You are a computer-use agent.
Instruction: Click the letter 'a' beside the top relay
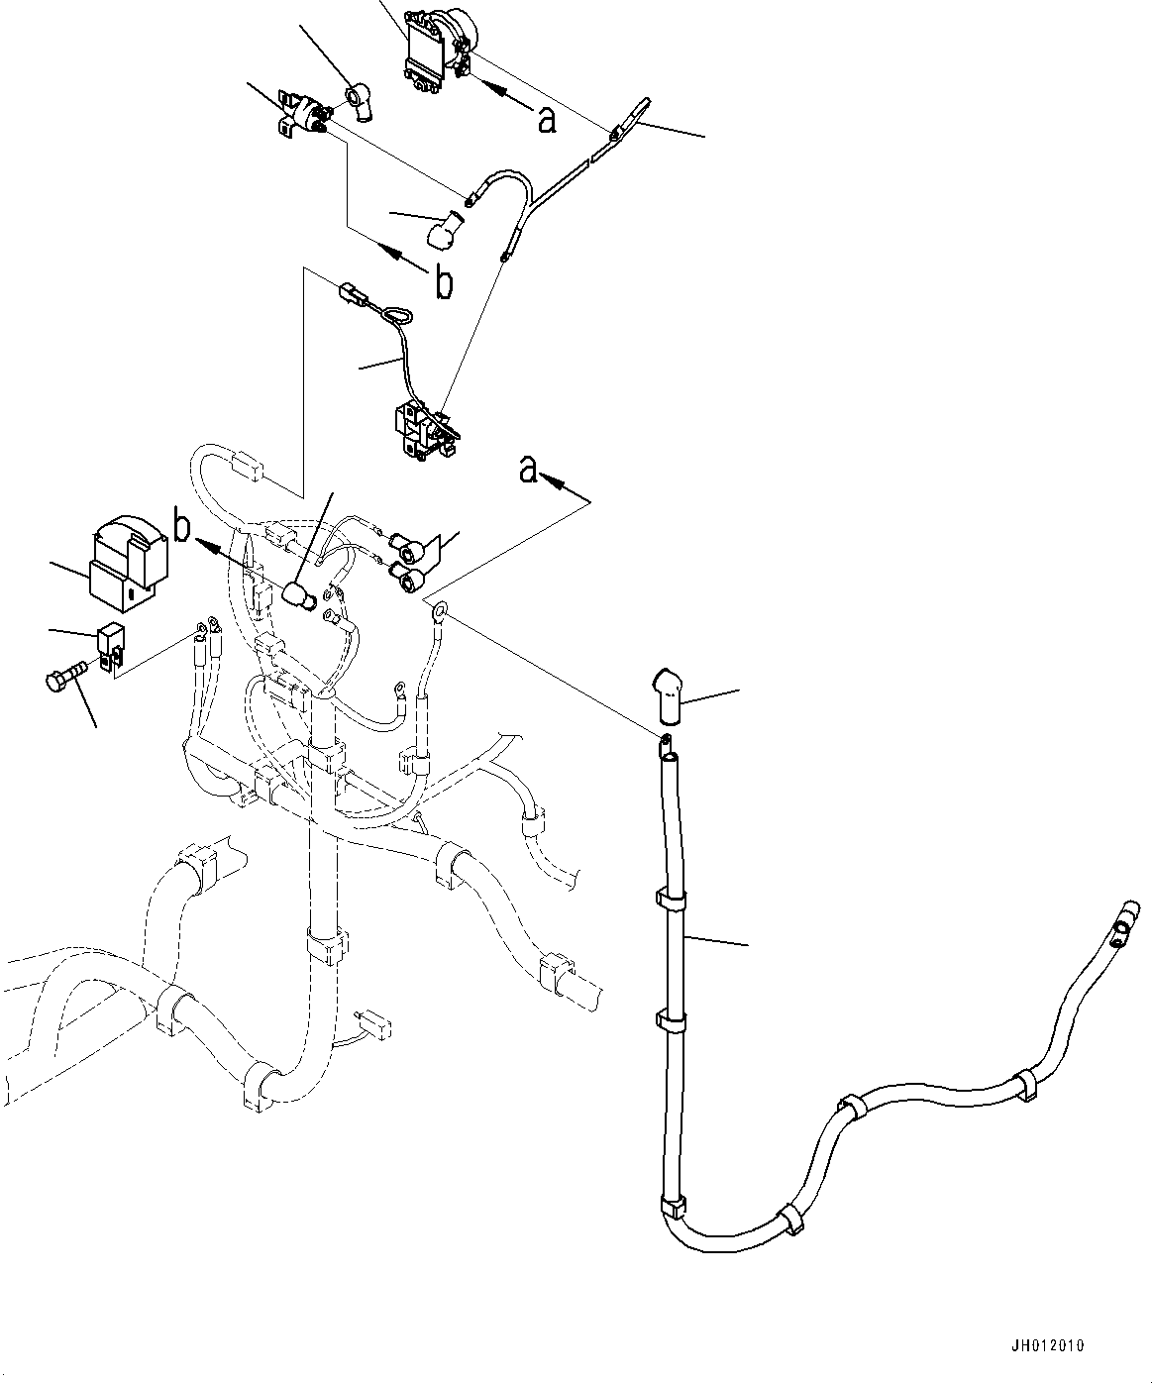pos(546,120)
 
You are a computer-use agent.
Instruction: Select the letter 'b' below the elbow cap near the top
pos(445,283)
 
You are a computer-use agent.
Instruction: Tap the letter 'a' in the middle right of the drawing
pos(530,471)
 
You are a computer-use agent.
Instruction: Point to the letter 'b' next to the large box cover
pos(183,526)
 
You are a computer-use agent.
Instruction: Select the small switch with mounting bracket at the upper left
pos(302,115)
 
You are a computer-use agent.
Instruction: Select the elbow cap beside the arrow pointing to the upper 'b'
pos(444,229)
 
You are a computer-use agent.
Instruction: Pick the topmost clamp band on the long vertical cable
pos(671,900)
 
